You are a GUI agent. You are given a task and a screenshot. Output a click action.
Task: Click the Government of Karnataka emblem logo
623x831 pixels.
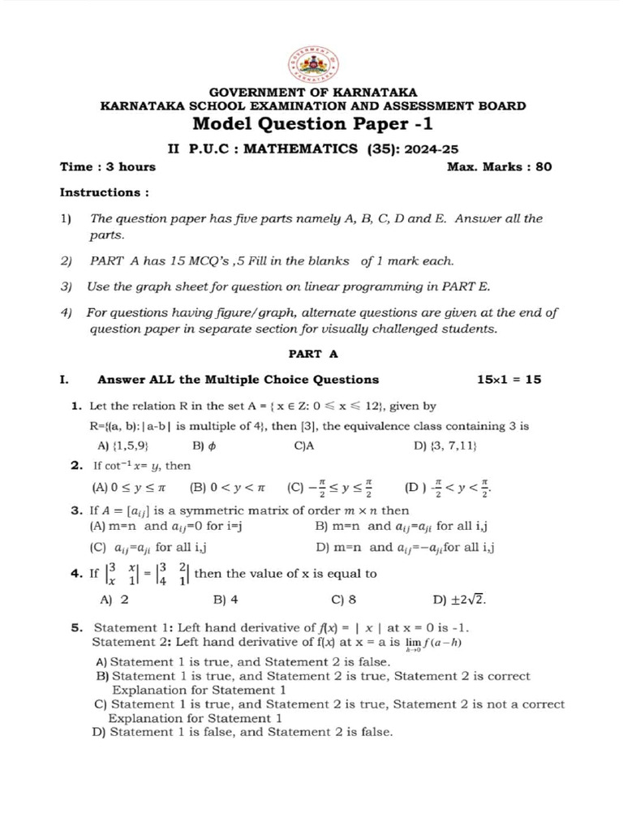pos(312,64)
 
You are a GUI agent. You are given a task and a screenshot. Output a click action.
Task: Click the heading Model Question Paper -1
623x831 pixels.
pos(312,124)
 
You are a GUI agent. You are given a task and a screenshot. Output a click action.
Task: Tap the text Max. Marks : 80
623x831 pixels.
pos(499,166)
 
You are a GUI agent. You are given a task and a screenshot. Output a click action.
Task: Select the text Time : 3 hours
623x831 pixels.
pos(108,166)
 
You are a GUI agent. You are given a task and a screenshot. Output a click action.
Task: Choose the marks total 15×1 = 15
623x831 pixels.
pos(509,379)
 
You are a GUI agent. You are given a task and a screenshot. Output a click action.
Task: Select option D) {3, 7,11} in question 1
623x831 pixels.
pos(445,446)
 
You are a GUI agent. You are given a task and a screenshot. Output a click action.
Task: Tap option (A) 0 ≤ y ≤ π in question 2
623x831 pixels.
pos(130,488)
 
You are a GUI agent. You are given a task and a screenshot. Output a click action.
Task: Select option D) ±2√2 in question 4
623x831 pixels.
pos(460,601)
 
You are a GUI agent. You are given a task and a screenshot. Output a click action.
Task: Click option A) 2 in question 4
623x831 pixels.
pos(114,601)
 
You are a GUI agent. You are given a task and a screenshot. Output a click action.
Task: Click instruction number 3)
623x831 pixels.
pos(67,286)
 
